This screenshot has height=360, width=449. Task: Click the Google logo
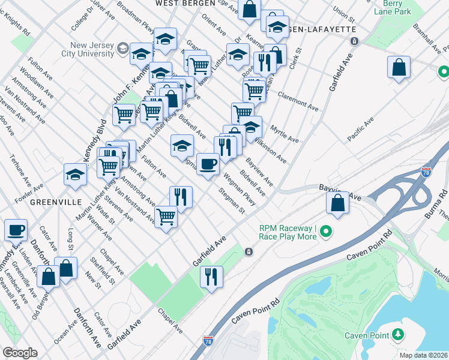pyautogui.click(x=19, y=353)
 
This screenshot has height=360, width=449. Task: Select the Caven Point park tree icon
pyautogui.click(x=399, y=335)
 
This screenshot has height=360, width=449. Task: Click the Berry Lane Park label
pyautogui.click(x=392, y=7)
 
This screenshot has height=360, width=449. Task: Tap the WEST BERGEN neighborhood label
pyautogui.click(x=181, y=4)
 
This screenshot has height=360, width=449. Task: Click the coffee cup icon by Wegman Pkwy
pyautogui.click(x=208, y=164)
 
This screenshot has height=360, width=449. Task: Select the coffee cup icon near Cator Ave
pyautogui.click(x=16, y=230)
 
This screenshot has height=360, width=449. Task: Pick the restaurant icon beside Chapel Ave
pyautogui.click(x=211, y=277)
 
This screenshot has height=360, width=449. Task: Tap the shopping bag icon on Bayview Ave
pyautogui.click(x=338, y=203)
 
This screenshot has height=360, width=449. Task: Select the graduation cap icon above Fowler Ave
pyautogui.click(x=76, y=175)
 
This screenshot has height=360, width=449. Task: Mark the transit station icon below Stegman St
pyautogui.click(x=248, y=252)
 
